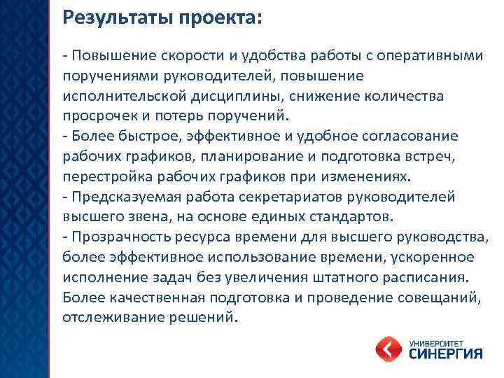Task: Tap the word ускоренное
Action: coord(431,257)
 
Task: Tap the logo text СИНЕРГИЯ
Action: coord(446,353)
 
